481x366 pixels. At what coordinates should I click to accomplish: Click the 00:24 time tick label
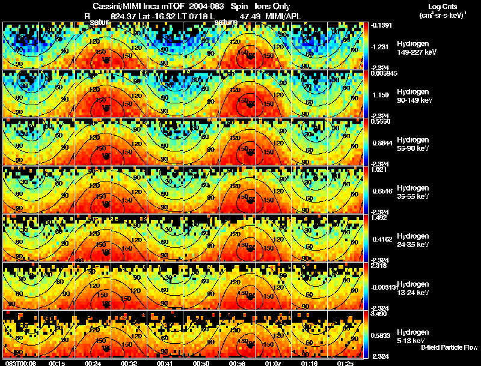(93, 362)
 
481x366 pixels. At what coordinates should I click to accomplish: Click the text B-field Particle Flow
(449, 348)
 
